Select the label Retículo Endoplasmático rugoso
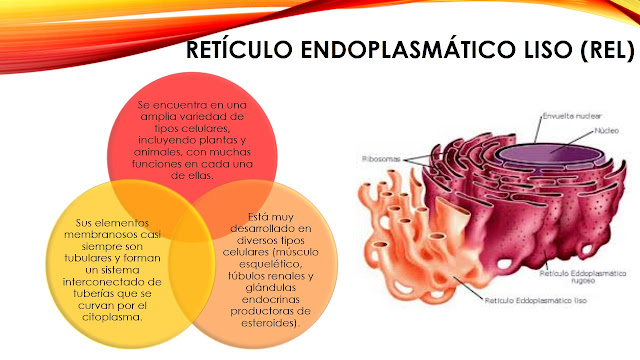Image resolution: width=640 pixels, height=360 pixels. point(577,276)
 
